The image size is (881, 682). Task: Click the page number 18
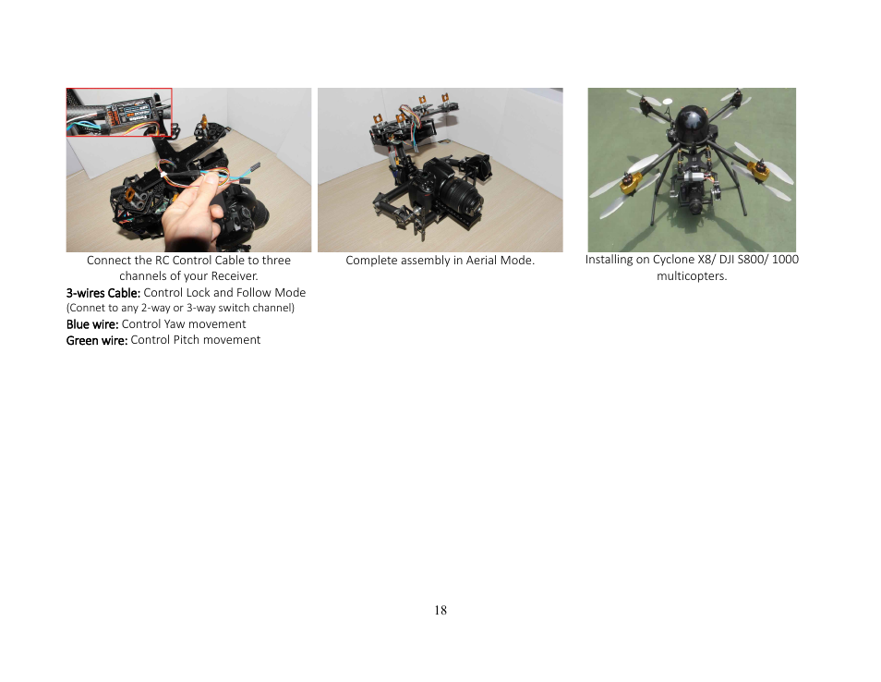coord(440,610)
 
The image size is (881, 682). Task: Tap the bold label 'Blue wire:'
coord(92,324)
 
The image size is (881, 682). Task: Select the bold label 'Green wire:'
coord(97,340)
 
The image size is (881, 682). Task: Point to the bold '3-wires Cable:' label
coord(103,293)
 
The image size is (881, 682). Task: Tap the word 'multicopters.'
coord(692,276)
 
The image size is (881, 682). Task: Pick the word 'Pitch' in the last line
coord(187,340)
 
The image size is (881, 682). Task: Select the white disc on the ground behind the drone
coord(668,102)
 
